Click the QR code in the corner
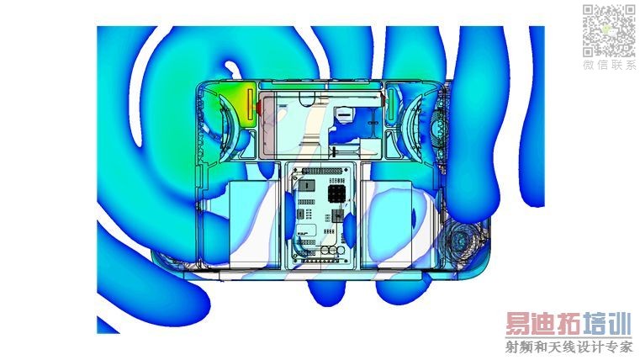point(609,31)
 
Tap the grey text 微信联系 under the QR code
point(609,65)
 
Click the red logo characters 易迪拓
point(543,325)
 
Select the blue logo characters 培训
point(606,325)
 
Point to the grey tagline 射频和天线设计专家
point(569,347)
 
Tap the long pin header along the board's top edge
point(320,171)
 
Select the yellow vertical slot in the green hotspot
point(251,105)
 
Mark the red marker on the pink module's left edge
point(258,107)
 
